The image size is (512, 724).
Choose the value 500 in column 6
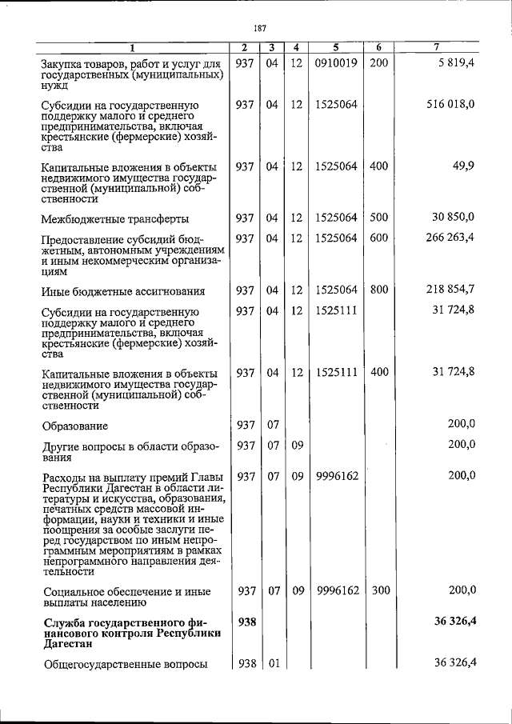(380, 217)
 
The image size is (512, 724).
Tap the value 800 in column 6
(380, 290)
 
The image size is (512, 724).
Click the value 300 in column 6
(380, 590)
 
